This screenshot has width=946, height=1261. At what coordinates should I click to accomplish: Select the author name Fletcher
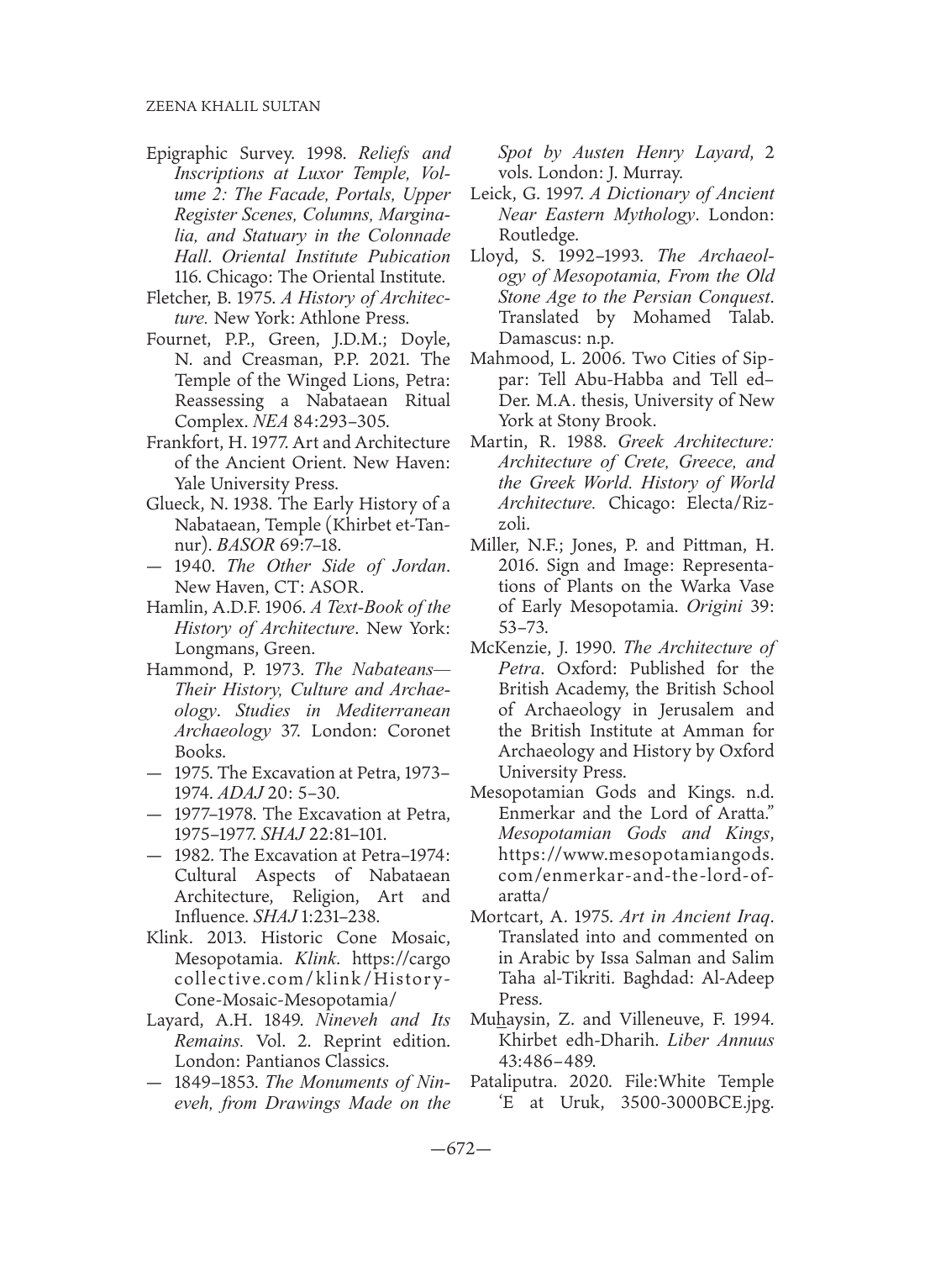(174, 296)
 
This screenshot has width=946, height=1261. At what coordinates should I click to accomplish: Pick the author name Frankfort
(180, 441)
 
